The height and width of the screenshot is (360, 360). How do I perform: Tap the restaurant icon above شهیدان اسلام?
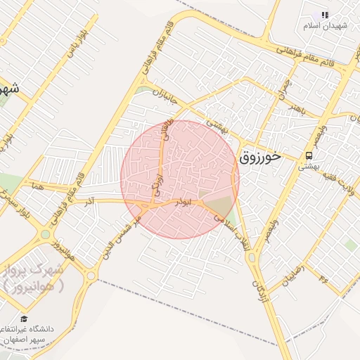tap(324, 15)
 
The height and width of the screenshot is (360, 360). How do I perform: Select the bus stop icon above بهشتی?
tap(309, 155)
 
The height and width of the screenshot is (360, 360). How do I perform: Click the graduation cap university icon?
tap(23, 319)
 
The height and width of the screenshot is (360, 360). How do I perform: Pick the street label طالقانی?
tap(166, 131)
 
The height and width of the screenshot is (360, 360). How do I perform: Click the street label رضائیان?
tap(292, 274)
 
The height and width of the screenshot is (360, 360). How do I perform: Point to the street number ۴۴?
tap(324, 280)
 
